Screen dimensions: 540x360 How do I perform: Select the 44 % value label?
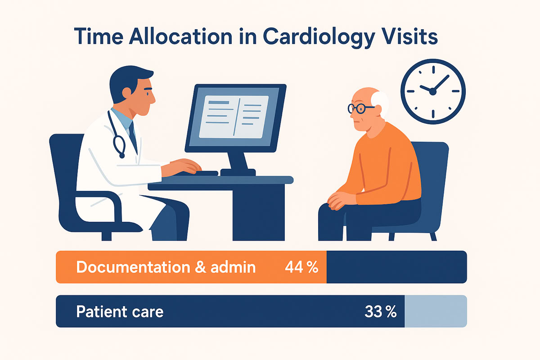point(301,267)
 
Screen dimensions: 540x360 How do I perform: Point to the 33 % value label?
point(380,311)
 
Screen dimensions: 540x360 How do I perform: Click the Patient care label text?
point(120,311)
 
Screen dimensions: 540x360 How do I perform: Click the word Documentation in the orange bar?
point(133,267)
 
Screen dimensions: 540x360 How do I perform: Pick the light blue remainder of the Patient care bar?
point(436,311)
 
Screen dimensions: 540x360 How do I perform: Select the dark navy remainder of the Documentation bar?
point(397,267)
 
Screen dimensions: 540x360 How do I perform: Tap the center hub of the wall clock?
point(433,92)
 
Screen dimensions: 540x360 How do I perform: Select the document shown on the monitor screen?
point(234,117)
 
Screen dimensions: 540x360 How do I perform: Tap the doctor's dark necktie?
point(133,137)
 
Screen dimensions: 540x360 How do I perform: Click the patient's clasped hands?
point(341,201)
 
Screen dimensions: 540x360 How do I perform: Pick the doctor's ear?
point(126,93)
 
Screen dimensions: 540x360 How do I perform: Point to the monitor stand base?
point(238,172)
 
